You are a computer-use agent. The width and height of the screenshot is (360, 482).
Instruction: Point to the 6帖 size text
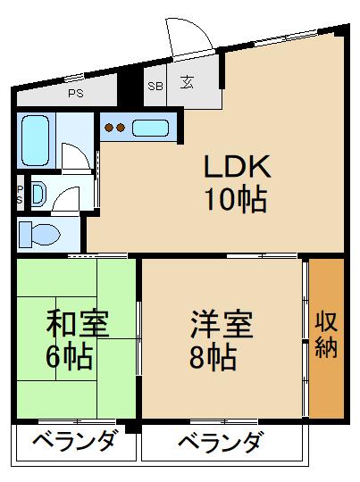coord(69,356)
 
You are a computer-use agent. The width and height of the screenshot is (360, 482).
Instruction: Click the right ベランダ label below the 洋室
coord(220,442)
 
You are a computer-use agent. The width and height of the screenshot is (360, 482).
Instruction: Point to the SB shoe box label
coord(155,86)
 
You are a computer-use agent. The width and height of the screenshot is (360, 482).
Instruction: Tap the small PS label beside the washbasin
coord(20,195)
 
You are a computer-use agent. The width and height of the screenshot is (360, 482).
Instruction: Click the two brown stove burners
coord(114,128)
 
